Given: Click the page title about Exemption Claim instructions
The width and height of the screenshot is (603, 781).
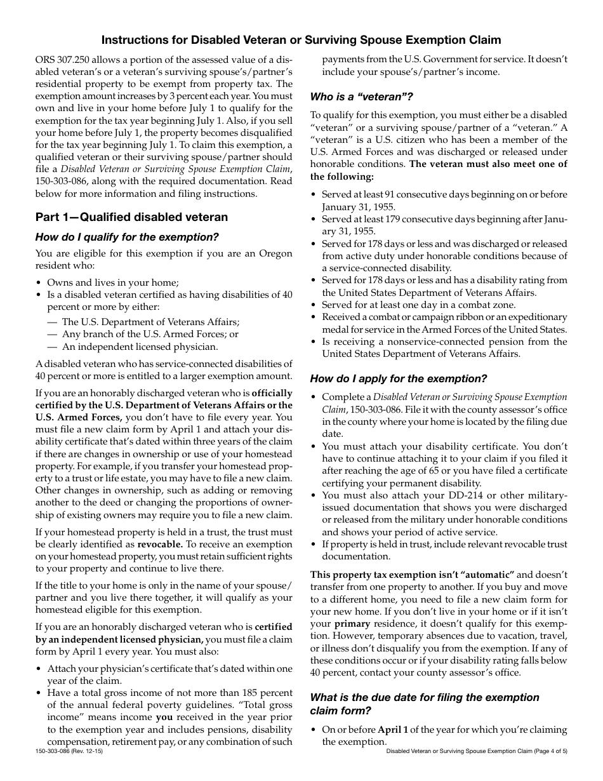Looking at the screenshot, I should click(301, 40).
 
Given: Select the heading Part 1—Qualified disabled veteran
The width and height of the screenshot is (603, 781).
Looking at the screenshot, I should click(131, 217).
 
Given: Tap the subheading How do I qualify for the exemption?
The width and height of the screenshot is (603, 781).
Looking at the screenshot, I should click(127, 237).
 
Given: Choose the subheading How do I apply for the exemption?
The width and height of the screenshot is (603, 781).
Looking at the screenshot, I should click(398, 378).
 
